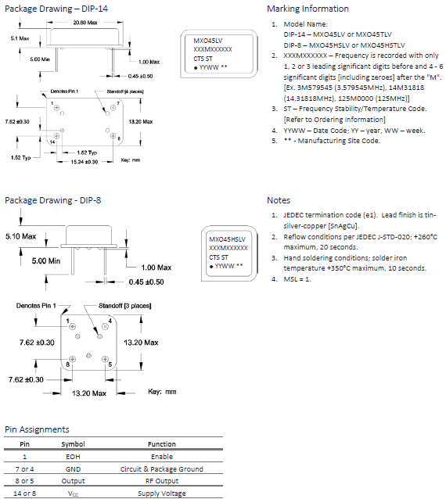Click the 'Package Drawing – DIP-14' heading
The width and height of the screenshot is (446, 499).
coord(51,9)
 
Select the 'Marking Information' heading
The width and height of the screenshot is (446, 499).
coord(308,9)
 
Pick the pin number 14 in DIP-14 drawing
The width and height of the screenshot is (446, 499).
coord(52,142)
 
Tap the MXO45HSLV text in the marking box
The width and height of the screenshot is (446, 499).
coord(228,238)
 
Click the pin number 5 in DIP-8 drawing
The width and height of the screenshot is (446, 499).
coord(110,364)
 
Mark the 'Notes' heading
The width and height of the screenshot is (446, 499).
coord(278,200)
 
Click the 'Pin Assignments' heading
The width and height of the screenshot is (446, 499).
coord(37,429)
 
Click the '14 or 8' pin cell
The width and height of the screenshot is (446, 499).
coord(24,494)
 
